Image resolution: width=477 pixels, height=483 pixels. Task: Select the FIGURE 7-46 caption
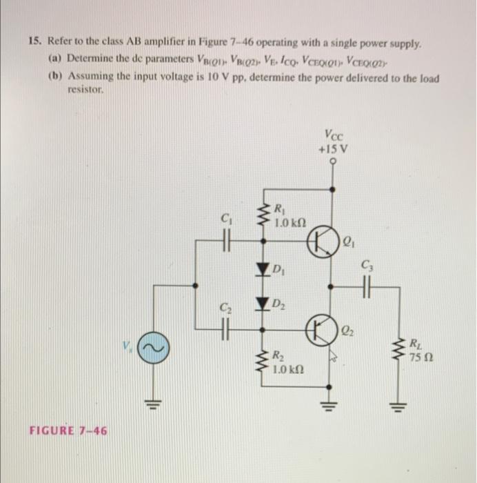(x=68, y=431)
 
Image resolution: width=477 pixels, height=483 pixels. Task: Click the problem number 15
(x=34, y=42)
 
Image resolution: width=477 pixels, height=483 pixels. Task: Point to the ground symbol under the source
(x=152, y=404)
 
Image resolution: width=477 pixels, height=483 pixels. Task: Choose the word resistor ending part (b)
(x=85, y=90)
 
